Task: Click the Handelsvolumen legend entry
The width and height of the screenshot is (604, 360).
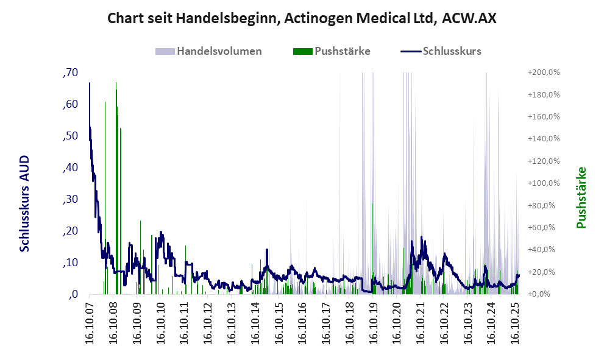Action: [x=219, y=51]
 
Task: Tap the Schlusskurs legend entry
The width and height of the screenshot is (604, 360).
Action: [x=452, y=51]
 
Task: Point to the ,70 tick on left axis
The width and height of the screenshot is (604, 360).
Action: [x=70, y=72]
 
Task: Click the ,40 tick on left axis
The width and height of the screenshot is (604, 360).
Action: [x=70, y=168]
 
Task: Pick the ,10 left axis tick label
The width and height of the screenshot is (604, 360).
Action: [x=70, y=263]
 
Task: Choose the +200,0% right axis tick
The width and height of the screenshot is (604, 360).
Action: [x=543, y=72]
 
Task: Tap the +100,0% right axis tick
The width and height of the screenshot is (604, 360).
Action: [x=543, y=183]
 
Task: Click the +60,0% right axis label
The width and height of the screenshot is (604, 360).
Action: [x=544, y=228]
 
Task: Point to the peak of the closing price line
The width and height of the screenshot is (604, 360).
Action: [x=90, y=83]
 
